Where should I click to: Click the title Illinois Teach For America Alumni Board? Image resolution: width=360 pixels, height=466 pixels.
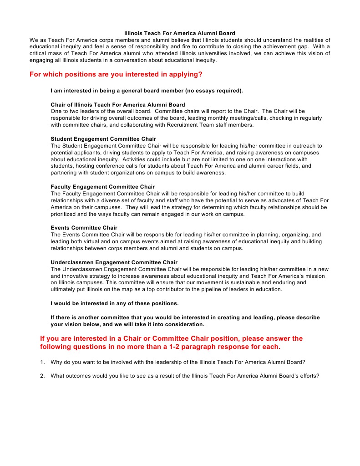[x=180, y=33]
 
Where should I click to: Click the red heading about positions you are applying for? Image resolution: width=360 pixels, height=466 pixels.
[x=116, y=74]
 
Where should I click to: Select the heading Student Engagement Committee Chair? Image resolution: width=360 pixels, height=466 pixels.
[x=103, y=139]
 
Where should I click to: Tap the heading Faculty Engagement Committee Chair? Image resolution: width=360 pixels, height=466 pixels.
[x=103, y=187]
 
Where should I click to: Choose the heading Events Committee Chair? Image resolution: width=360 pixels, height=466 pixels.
[x=84, y=228]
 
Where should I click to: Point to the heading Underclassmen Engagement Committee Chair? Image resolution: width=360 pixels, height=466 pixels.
[x=114, y=262]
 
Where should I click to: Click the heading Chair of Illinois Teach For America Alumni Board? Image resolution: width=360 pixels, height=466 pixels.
[x=118, y=105]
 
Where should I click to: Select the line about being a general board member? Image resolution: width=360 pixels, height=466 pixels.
[x=147, y=91]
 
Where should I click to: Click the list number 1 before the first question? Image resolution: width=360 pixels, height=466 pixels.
[x=42, y=363]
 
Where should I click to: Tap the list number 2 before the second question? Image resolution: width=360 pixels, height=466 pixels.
[x=42, y=376]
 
